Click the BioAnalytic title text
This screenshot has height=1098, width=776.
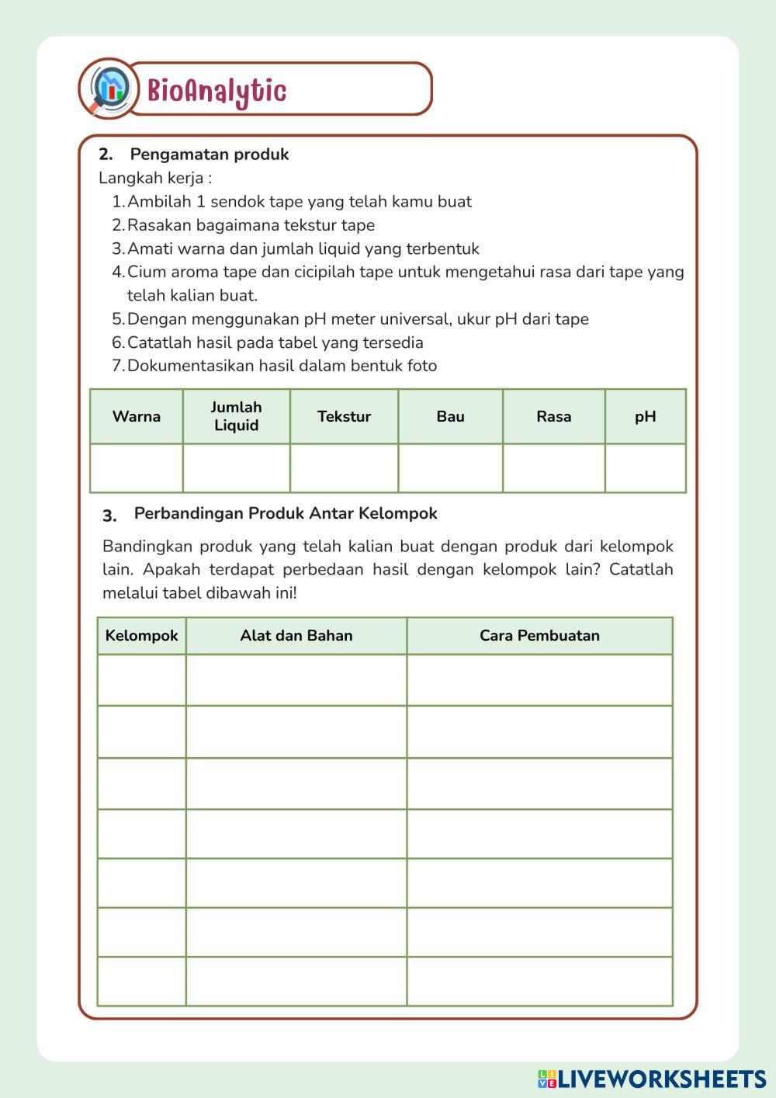click(x=217, y=91)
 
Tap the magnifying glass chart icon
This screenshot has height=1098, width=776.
click(x=108, y=88)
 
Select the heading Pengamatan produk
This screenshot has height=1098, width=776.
click(x=209, y=154)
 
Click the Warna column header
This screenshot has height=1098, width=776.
click(x=137, y=416)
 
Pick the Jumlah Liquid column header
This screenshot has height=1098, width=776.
click(x=237, y=416)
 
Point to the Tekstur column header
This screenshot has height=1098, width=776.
click(x=344, y=416)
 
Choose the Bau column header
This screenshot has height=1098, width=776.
click(x=450, y=416)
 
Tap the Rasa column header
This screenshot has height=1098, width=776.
click(x=553, y=416)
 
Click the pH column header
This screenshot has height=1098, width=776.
click(x=645, y=416)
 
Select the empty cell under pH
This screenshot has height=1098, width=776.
click(x=645, y=468)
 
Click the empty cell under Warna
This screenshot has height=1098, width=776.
click(x=137, y=468)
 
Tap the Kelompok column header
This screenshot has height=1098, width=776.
click(x=141, y=635)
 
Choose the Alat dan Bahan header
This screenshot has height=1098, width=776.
click(x=296, y=635)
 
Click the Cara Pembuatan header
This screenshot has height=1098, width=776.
click(x=539, y=635)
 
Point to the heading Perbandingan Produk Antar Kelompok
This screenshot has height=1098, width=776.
click(x=286, y=513)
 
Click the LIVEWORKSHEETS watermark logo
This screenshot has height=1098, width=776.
click(x=652, y=1079)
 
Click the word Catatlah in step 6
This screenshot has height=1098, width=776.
click(x=158, y=342)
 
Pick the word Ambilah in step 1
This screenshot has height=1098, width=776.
click(x=158, y=202)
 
